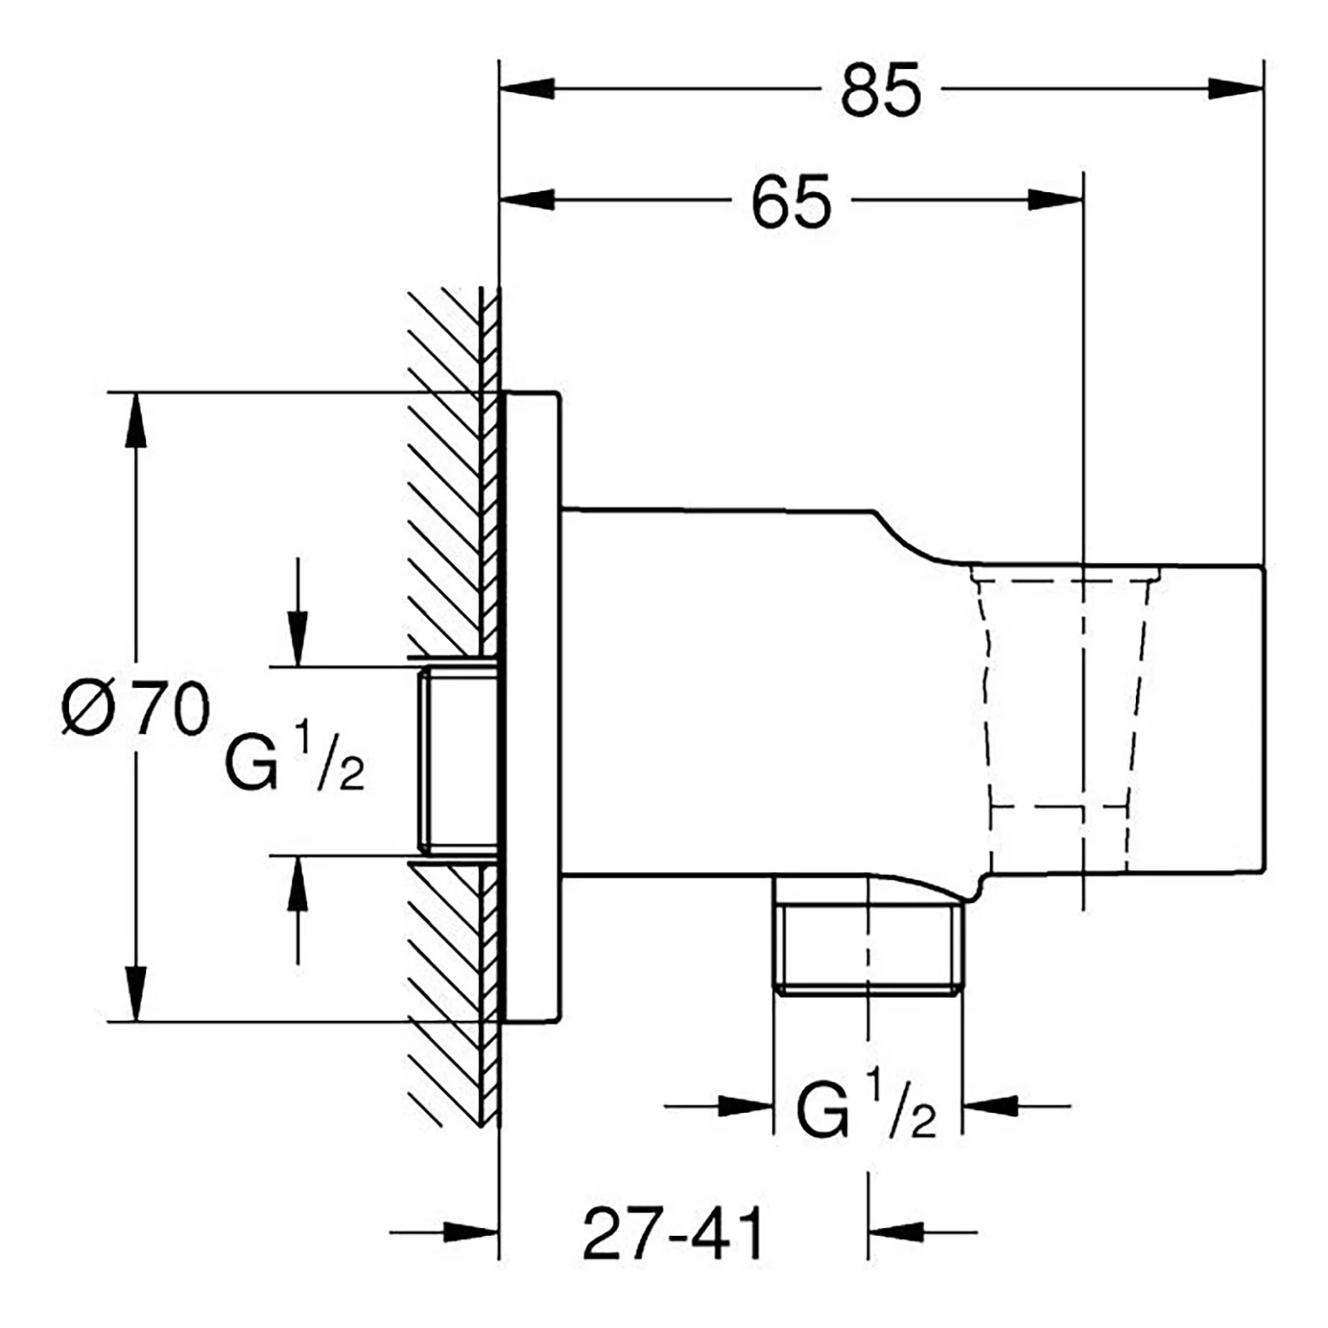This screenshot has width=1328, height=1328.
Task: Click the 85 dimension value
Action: point(881,90)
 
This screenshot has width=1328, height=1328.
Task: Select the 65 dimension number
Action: point(791,201)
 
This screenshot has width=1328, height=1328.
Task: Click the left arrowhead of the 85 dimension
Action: point(528,89)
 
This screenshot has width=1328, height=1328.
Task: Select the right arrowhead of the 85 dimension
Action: point(1234,89)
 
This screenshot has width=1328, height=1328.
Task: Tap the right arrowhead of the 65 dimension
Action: point(1055,200)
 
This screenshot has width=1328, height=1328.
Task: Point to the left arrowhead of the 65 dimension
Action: point(528,200)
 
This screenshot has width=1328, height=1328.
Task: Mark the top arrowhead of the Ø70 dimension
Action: point(135,420)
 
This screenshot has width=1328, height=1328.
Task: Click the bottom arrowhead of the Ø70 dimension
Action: point(135,993)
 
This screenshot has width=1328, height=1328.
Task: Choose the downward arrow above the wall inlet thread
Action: point(297,611)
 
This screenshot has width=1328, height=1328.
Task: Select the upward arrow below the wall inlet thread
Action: point(297,909)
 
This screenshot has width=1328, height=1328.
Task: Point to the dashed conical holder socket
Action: point(1062,717)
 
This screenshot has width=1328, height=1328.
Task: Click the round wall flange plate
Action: point(530,706)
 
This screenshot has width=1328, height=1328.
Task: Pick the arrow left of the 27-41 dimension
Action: point(444,1231)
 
